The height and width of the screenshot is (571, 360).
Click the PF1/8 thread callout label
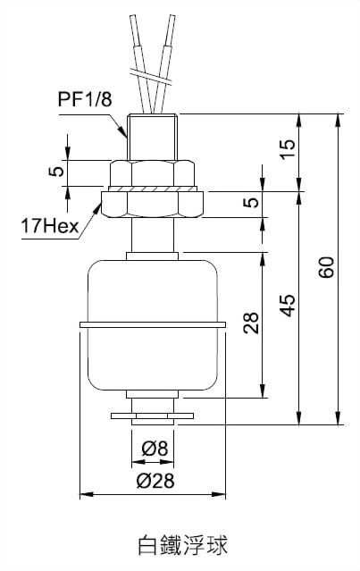pos(85,98)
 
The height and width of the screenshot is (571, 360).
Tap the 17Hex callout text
pos(50,226)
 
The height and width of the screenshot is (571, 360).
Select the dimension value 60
pos(327,267)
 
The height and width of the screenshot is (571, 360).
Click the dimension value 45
pos(289,305)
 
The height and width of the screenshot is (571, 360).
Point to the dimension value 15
pos(289,149)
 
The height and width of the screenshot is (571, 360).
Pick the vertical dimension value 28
pos(251,323)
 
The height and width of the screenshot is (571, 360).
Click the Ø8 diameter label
pos(155,448)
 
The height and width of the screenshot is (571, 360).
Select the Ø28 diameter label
pos(155,481)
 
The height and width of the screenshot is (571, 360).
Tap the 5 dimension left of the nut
pos(56,172)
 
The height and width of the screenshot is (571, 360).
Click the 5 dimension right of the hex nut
pos(251,203)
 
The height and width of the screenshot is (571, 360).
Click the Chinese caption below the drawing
pos(183,545)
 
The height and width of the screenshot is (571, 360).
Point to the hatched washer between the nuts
pos(153,189)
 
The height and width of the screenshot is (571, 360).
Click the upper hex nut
pos(153,173)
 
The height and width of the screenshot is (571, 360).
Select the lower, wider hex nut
pos(153,205)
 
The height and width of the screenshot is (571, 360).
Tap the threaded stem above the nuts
pos(153,137)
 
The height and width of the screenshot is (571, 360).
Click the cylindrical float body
pos(153,325)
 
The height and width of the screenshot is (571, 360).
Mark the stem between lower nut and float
pos(153,235)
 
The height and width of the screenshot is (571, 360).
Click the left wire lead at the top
pos(141,63)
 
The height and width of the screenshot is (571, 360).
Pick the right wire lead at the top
pos(164,63)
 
